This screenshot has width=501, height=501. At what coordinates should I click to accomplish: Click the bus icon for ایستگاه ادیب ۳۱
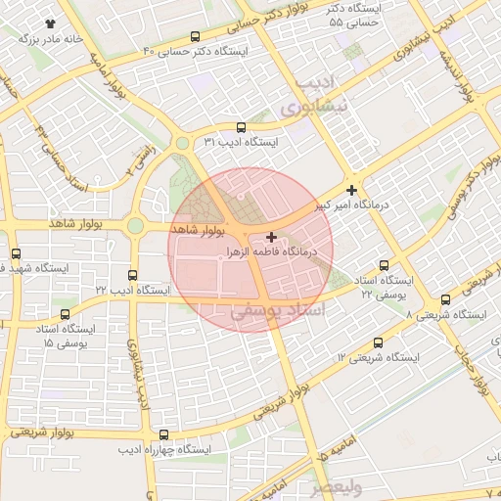tap(242, 127)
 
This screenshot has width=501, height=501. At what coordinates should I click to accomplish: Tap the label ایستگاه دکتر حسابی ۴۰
tap(196, 50)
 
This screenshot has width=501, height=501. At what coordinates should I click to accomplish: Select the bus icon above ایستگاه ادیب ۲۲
tap(133, 276)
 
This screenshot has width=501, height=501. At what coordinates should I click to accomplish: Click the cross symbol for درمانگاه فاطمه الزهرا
tap(271, 237)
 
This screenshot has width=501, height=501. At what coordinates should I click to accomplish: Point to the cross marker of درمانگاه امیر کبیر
tap(351, 189)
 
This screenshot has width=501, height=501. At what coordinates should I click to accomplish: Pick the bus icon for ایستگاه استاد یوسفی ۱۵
tap(66, 315)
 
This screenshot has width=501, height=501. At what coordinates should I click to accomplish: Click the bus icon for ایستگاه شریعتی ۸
tap(446, 299)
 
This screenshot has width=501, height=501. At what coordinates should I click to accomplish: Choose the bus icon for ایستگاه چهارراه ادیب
tap(163, 434)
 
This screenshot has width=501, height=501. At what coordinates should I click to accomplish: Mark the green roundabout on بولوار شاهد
tap(135, 226)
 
